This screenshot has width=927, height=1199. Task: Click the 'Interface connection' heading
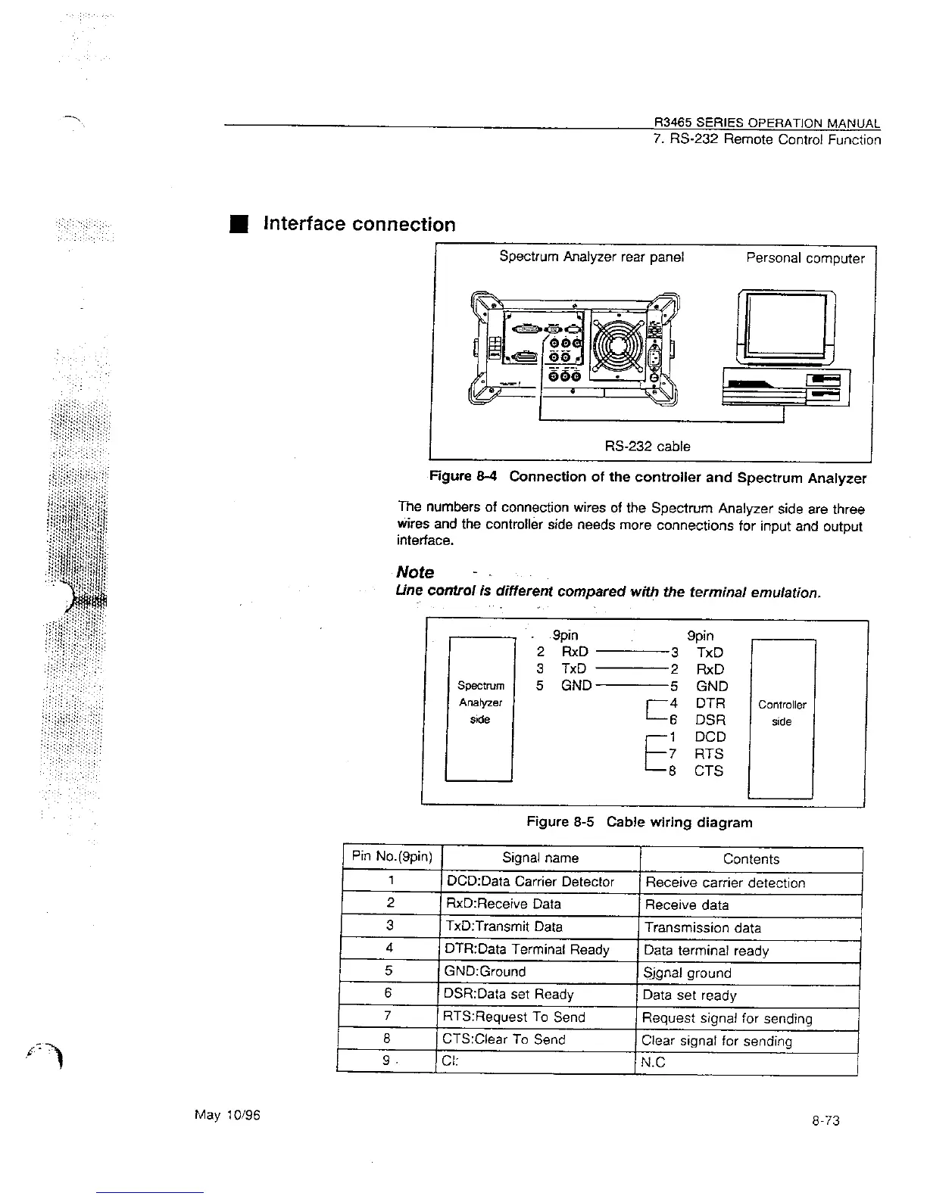[x=358, y=224]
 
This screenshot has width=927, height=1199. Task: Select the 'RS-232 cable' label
[x=648, y=447]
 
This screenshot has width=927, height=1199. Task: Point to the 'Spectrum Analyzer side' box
[x=479, y=709]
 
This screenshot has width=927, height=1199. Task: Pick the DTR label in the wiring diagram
[x=710, y=703]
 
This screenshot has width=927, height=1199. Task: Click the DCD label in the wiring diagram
[x=710, y=737]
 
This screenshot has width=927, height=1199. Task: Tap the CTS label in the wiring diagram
[x=708, y=771]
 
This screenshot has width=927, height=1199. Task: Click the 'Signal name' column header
[x=540, y=858]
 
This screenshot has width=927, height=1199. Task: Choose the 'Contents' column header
[x=751, y=858]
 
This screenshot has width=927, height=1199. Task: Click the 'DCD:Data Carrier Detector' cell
[x=530, y=881]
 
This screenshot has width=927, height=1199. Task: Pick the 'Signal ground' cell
[x=687, y=973]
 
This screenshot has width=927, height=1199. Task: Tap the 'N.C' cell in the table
[x=653, y=1062]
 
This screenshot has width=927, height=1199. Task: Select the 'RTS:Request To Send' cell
[x=516, y=1017]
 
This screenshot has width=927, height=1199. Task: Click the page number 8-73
[x=825, y=1120]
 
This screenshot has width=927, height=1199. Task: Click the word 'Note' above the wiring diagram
[x=415, y=572]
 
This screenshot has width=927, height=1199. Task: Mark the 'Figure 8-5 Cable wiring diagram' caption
[x=639, y=822]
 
